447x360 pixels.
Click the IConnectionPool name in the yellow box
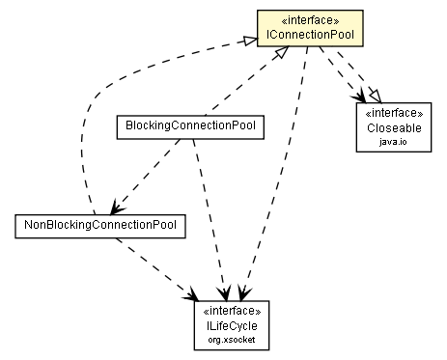pos(310,36)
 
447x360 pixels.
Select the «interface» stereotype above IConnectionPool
pos(310,20)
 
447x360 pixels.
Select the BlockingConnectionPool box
pos(189,125)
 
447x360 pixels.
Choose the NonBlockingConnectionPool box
pos(100,225)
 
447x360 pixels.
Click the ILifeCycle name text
pos(226,326)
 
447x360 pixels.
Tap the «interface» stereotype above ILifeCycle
pos(226,311)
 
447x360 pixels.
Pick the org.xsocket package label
pos(226,340)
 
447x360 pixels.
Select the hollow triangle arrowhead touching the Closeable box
pos(373,98)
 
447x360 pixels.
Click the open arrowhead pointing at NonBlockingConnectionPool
pos(116,207)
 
